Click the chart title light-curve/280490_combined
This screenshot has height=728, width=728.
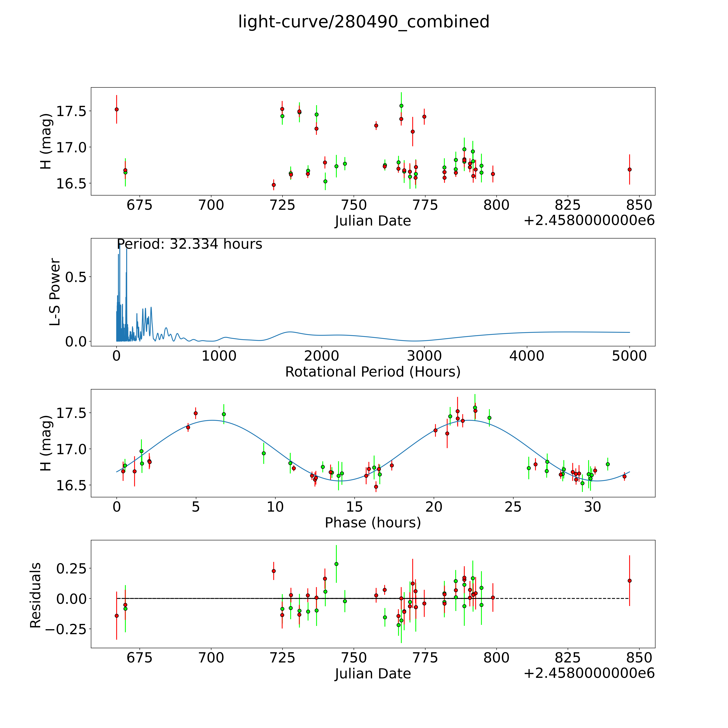click(364, 22)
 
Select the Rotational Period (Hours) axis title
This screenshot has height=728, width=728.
click(373, 372)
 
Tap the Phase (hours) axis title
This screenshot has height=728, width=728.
click(373, 523)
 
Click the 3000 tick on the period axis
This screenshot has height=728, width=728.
click(424, 356)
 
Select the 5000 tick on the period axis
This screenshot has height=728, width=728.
click(629, 356)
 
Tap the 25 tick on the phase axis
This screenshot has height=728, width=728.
click(513, 507)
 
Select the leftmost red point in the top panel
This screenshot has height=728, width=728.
click(117, 109)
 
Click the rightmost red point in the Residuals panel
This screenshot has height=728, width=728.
click(629, 581)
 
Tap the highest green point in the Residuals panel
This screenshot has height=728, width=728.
click(336, 564)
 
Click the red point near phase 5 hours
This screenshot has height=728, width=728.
click(196, 413)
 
